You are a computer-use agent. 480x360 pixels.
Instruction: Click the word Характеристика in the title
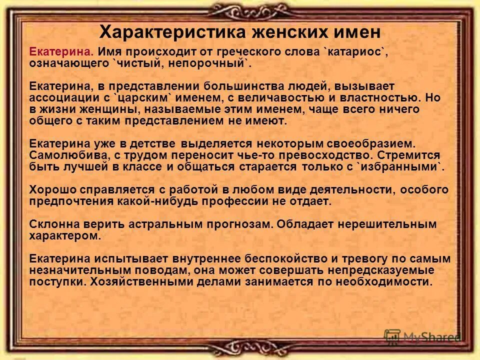pos(170,32)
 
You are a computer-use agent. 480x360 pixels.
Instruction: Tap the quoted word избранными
pos(400,167)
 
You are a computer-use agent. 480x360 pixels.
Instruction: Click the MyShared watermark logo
pos(422,336)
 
